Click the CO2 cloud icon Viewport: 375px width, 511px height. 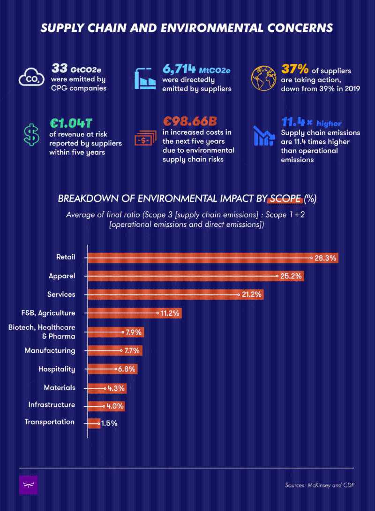31,77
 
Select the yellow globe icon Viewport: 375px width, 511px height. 263,78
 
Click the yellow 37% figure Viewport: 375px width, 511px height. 295,69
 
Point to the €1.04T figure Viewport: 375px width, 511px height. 71,124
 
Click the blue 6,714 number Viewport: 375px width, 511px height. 180,69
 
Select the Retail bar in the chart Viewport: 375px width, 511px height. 200,257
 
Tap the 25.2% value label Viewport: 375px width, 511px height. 291,276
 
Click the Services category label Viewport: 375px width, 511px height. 61,294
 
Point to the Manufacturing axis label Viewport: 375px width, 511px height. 50,350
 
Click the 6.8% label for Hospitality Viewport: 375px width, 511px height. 127,369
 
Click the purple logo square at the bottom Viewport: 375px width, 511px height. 29,484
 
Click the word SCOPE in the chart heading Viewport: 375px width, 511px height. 285,199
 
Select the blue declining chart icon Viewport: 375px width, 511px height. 263,135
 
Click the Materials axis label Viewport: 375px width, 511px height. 60,387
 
